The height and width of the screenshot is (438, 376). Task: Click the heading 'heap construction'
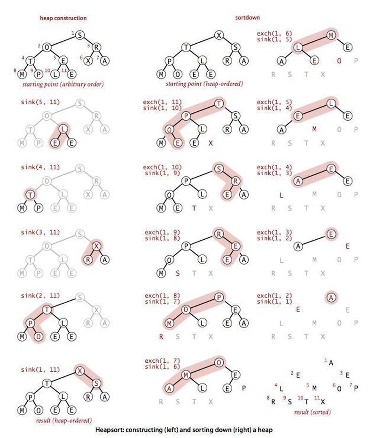pos(63,18)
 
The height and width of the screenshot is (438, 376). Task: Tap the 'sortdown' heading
pos(248,17)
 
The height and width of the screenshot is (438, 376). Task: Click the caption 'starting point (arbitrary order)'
pos(63,84)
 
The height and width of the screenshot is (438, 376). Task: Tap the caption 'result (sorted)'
pos(312,412)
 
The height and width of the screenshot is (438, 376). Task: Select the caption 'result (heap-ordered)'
pos(64,421)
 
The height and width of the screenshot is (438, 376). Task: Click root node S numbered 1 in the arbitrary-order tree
pos(80,35)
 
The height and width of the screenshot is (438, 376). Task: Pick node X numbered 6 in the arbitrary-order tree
pos(88,61)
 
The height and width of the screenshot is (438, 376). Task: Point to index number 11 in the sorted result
pos(317,398)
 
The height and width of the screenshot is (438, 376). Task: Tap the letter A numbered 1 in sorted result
pos(331,363)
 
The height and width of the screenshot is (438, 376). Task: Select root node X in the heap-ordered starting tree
pos(219,35)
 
